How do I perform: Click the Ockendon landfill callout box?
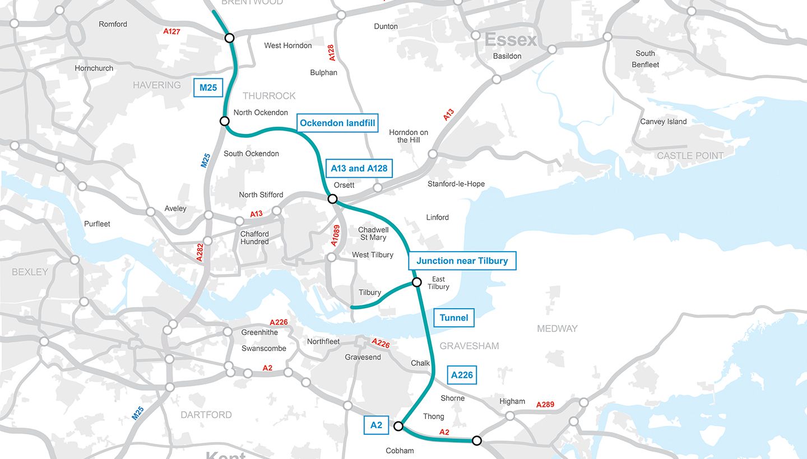click(337, 123)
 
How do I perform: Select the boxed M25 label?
click(208, 87)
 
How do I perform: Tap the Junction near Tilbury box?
click(462, 261)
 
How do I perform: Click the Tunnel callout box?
click(453, 318)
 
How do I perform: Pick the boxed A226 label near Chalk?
click(462, 375)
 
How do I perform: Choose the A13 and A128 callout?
click(359, 168)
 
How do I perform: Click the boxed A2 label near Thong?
click(376, 425)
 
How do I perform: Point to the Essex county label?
click(511, 40)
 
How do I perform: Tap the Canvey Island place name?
click(663, 122)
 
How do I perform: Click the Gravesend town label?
click(363, 357)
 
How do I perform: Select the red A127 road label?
click(172, 31)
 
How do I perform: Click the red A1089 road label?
click(335, 235)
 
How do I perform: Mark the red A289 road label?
click(545, 405)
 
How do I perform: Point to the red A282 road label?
click(200, 253)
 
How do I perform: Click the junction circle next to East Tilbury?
click(416, 282)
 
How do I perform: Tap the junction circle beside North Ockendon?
click(225, 121)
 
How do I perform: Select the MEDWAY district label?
click(557, 328)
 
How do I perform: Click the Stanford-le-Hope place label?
click(456, 184)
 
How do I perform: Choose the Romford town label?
click(113, 24)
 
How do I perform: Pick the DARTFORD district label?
click(206, 415)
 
